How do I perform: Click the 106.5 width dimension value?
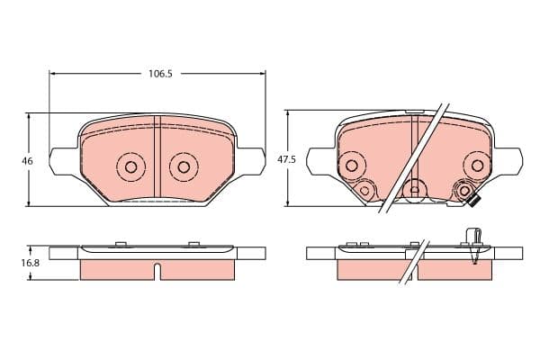(x=160, y=74)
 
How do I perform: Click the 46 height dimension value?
(x=27, y=161)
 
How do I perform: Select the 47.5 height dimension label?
(x=286, y=160)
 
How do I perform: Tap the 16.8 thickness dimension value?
(x=31, y=263)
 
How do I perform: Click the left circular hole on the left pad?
(x=130, y=167)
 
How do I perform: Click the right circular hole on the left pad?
(x=184, y=167)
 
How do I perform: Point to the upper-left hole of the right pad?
(x=351, y=166)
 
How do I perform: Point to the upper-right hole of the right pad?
(x=477, y=166)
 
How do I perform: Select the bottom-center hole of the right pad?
(x=415, y=190)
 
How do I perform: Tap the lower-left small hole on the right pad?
(x=364, y=190)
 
